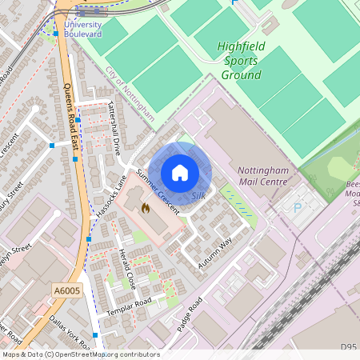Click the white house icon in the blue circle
pos(180,172)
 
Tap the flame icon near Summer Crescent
pos(146,208)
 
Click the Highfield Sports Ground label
pos(239,61)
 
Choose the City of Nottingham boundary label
pos(130,94)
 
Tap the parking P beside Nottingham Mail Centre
pos(298,208)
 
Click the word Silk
pos(199,195)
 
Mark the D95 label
pos(347,346)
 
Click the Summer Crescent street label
pos(157,186)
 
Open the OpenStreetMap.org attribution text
pos(104,354)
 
